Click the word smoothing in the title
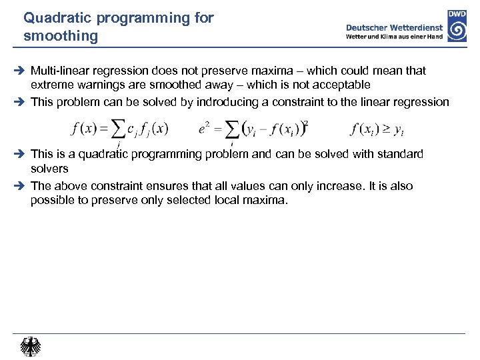(60, 37)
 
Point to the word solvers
(49, 169)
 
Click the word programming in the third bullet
(167, 155)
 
